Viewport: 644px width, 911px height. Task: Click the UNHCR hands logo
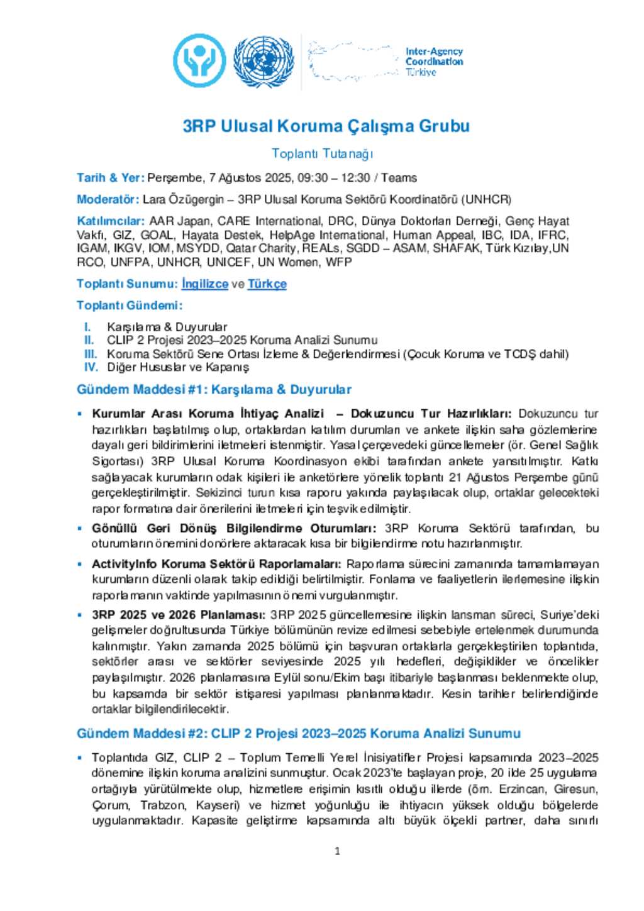(199, 60)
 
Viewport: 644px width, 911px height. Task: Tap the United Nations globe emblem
(263, 61)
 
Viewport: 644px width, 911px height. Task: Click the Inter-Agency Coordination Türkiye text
(433, 62)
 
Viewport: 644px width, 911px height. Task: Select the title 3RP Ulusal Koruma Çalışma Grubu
(326, 126)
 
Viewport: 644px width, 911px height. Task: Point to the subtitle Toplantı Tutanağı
(322, 153)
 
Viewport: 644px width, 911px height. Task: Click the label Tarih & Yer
(110, 178)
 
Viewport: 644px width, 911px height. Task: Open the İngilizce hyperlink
(204, 284)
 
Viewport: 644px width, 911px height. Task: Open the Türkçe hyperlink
(267, 284)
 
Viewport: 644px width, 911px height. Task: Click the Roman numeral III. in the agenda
(91, 354)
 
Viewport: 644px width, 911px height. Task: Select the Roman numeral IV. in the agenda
(91, 367)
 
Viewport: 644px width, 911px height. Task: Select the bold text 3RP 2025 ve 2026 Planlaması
(179, 614)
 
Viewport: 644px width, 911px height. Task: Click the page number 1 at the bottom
(337, 851)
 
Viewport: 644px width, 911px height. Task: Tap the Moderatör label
(108, 199)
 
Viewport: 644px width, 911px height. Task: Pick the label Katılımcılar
(111, 221)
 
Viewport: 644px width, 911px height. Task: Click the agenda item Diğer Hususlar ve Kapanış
(178, 367)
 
